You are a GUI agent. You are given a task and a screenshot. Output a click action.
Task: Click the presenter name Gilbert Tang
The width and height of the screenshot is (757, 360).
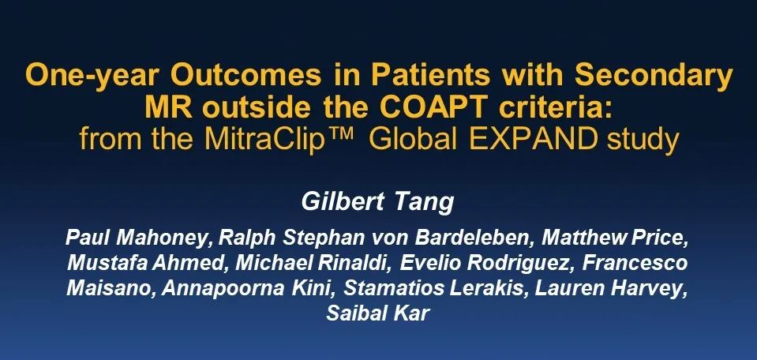click(377, 202)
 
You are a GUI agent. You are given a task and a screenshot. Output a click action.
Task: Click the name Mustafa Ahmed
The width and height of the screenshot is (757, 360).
click(148, 263)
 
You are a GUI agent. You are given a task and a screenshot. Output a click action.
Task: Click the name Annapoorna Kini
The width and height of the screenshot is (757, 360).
click(249, 288)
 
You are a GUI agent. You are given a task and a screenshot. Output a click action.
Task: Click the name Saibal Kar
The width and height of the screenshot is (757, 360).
click(377, 313)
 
